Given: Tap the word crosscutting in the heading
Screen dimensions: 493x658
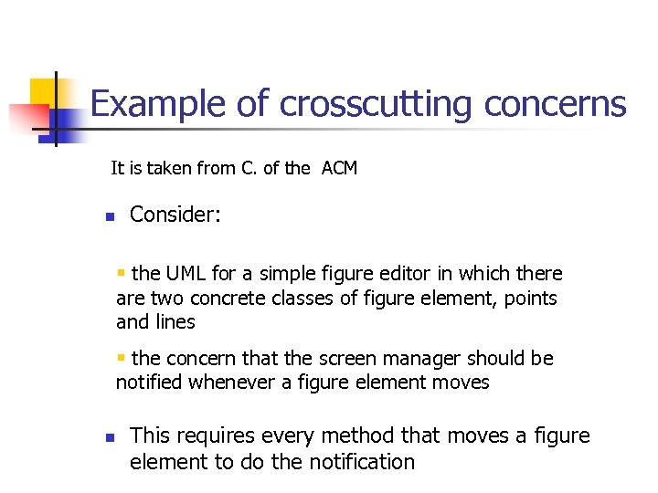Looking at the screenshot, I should pyautogui.click(x=377, y=104).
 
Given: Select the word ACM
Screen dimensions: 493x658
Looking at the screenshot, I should pyautogui.click(x=339, y=168).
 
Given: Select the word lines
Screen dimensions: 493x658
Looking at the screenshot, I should pyautogui.click(x=174, y=322).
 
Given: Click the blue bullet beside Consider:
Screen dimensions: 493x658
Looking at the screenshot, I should pyautogui.click(x=108, y=217).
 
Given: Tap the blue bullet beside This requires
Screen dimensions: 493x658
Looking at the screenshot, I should pyautogui.click(x=108, y=438).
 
